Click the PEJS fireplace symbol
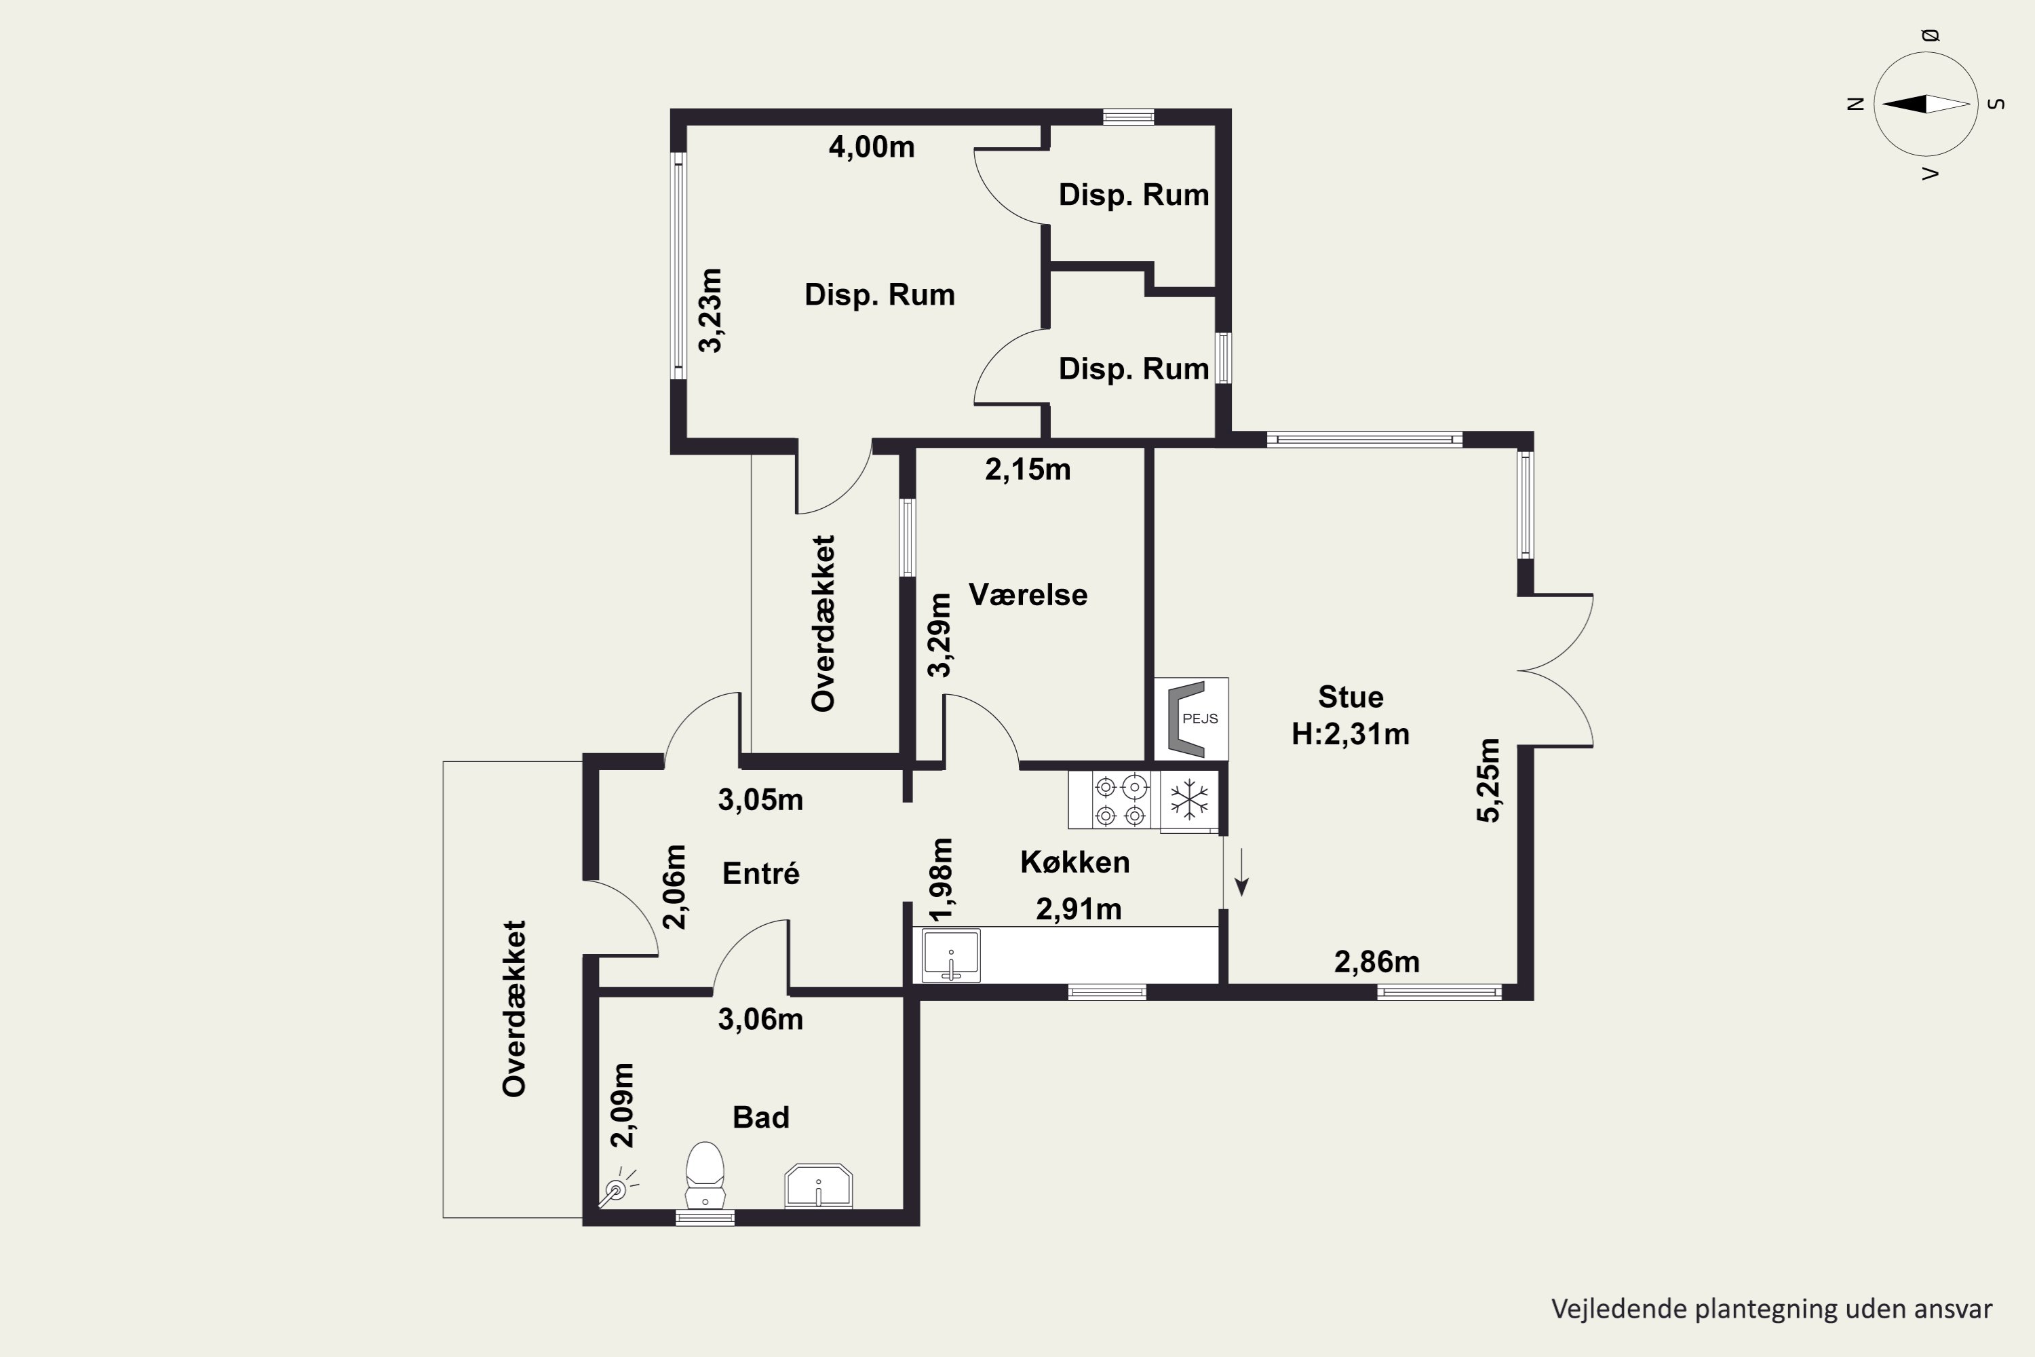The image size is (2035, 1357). point(1190,719)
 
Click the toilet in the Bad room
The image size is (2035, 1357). point(705,1174)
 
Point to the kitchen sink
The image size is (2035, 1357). point(951,955)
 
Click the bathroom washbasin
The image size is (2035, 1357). point(819,1185)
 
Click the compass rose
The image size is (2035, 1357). point(1926,104)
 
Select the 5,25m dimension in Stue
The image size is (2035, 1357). point(1489,780)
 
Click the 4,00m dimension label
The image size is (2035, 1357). point(871,147)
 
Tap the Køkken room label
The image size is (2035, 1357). point(1074,862)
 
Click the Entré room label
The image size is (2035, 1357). point(760,873)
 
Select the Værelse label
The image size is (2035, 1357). point(1028,594)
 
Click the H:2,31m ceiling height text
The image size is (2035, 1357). point(1351,734)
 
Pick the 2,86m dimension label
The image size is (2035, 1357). point(1376,961)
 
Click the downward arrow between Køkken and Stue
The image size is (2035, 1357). point(1241,871)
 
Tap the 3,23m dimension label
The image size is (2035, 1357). point(710,310)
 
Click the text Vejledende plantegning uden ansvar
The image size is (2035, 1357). point(1772,1310)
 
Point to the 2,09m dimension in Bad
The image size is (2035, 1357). point(622,1105)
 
